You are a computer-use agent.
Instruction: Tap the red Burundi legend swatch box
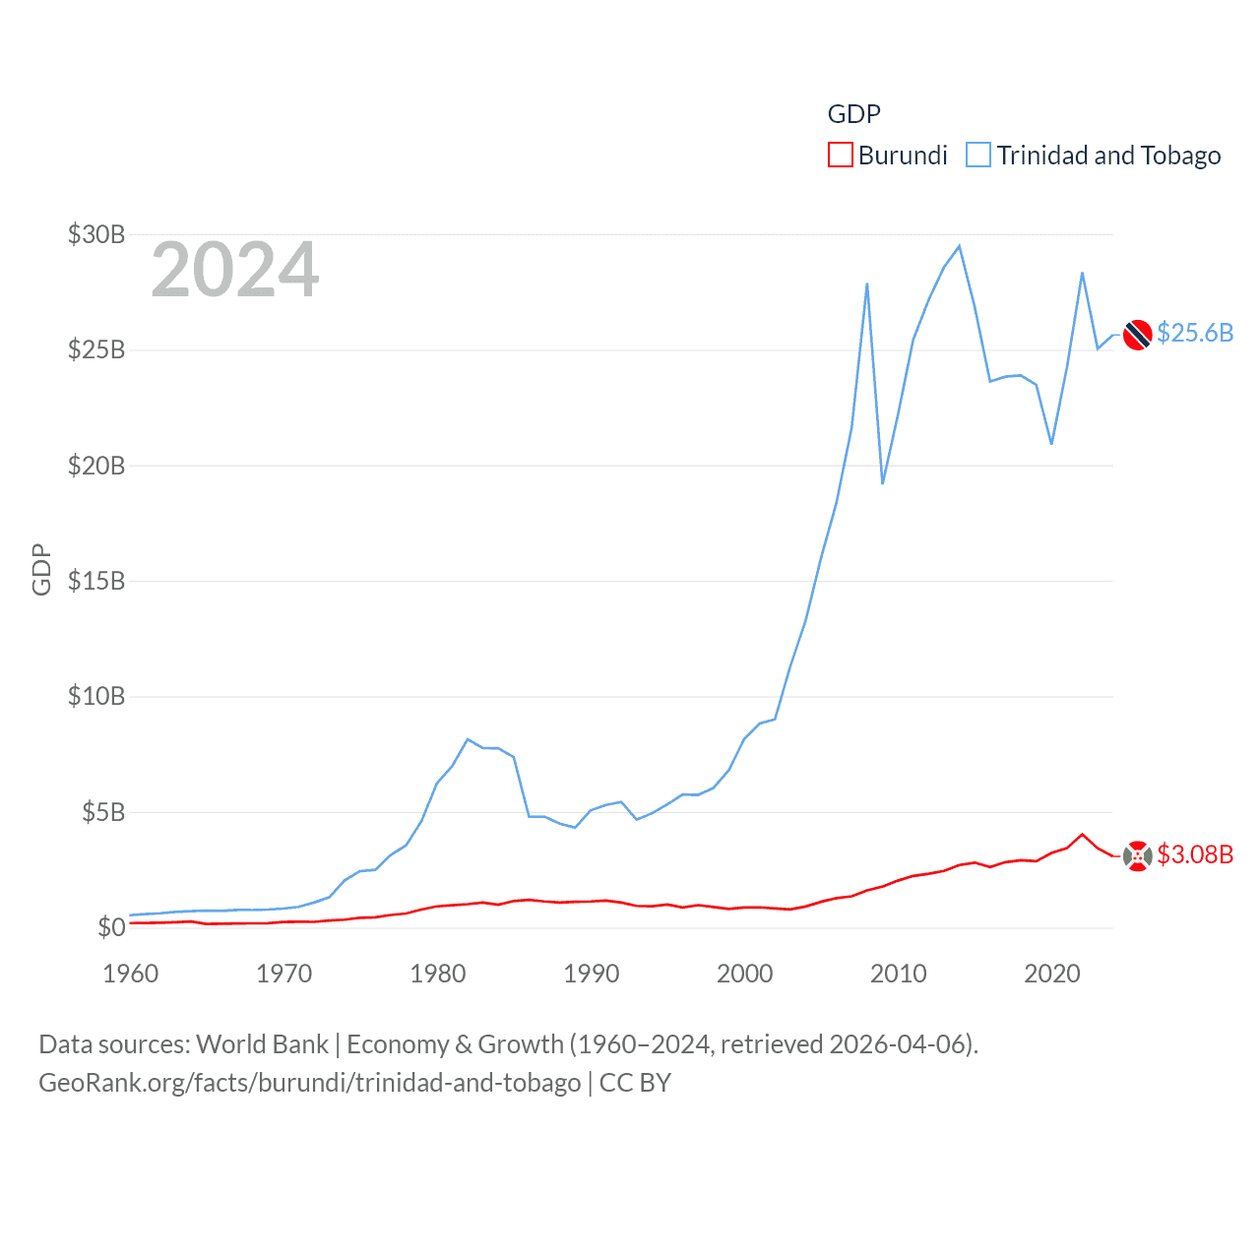coord(840,156)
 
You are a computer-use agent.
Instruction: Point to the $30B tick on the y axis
coord(96,234)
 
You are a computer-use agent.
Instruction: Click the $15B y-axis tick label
coord(96,581)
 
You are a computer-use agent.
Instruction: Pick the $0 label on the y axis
coord(111,927)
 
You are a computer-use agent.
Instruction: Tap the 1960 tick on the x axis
coord(131,974)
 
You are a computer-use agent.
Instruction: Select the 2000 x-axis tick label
coord(745,974)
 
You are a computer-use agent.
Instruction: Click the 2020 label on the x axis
coord(1052,974)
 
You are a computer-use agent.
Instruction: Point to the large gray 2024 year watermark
coord(235,270)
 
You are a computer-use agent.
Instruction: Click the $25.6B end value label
coord(1195,333)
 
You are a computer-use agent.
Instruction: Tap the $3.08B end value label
coord(1195,854)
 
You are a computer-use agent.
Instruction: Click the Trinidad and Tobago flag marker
coord(1138,335)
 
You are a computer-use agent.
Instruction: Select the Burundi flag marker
coord(1138,856)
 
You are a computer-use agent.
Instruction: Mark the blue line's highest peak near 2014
coord(959,246)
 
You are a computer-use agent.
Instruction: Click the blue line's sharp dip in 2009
coord(883,482)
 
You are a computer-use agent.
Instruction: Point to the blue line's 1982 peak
coord(468,739)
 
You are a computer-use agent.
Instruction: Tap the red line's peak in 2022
coord(1083,835)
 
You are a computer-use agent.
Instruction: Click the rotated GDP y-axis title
coord(41,569)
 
